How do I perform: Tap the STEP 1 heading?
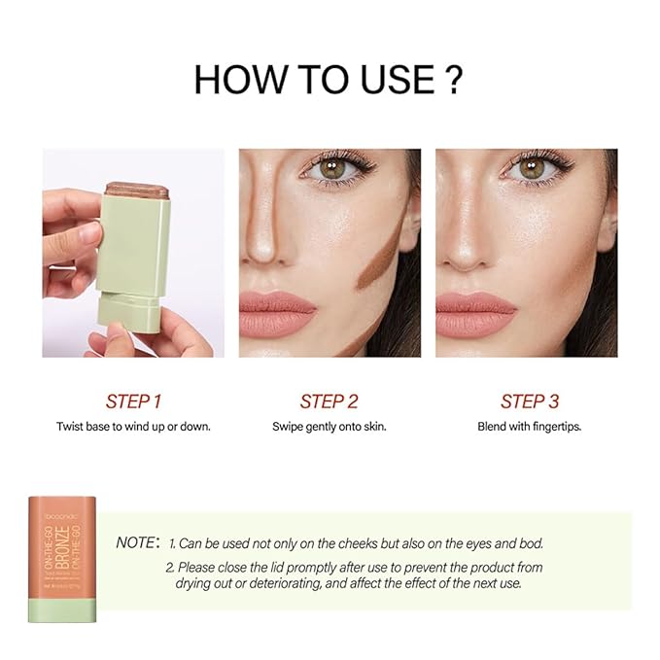[133, 401]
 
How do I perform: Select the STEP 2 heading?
[330, 401]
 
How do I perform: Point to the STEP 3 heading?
[529, 401]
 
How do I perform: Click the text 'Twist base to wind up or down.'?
[133, 427]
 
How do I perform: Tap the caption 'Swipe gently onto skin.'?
[330, 427]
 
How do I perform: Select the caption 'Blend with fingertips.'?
[529, 427]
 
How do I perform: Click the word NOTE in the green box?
[136, 542]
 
